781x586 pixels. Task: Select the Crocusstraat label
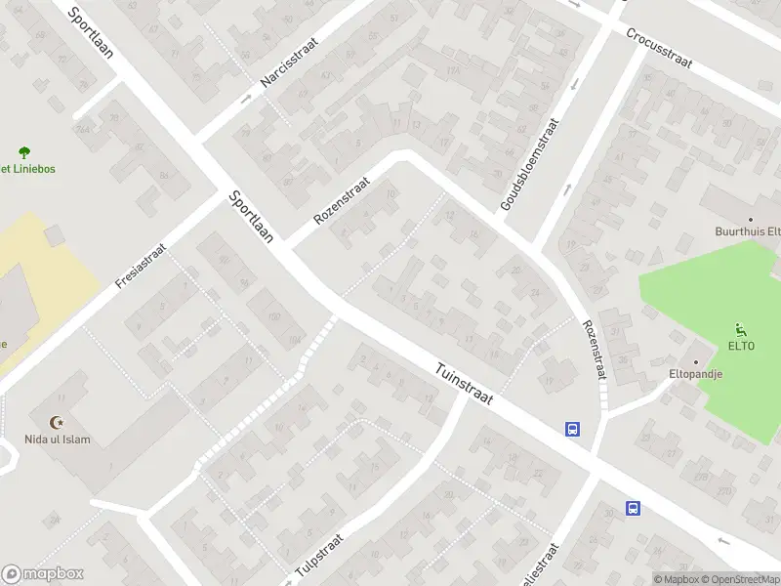(x=660, y=46)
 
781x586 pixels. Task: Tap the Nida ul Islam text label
(x=58, y=439)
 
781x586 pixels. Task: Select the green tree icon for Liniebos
(x=24, y=151)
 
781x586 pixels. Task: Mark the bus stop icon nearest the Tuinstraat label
(x=572, y=428)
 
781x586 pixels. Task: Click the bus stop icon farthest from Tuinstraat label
(x=633, y=508)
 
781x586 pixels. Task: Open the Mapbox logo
(x=43, y=574)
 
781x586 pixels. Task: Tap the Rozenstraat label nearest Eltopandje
(x=595, y=351)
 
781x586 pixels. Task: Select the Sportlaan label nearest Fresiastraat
(x=250, y=216)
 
